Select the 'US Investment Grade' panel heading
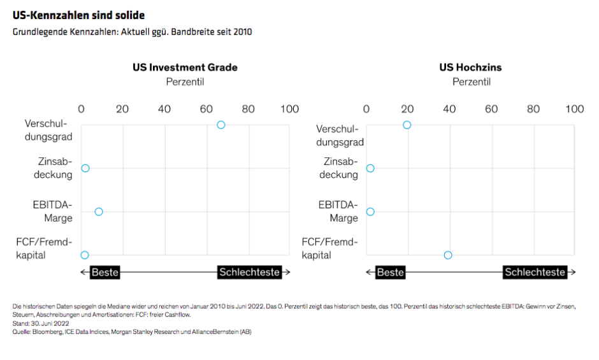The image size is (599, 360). tap(185, 68)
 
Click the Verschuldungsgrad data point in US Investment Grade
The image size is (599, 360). tap(221, 125)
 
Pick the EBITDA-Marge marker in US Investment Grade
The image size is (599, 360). tap(98, 212)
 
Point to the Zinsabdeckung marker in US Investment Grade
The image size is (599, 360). tap(85, 168)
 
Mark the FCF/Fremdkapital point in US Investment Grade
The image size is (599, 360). tap(85, 255)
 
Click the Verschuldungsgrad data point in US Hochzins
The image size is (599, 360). tap(407, 125)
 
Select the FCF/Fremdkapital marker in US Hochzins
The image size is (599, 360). tap(448, 255)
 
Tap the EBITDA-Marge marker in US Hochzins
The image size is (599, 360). tap(370, 212)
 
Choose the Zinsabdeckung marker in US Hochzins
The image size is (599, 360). tap(370, 168)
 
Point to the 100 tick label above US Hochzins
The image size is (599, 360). tap(574, 109)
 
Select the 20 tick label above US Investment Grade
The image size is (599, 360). tap(122, 109)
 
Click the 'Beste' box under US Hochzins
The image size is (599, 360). tap(390, 272)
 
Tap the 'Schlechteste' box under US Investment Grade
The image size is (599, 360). tap(249, 272)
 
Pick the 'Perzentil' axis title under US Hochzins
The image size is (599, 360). tap(471, 82)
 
